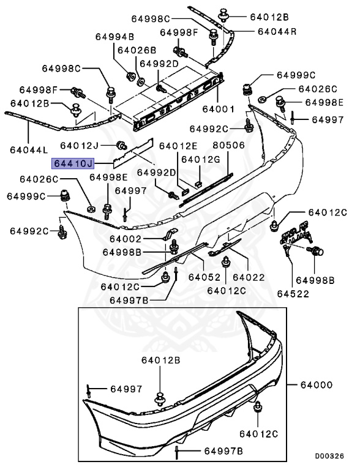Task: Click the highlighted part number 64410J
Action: point(73,163)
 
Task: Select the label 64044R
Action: point(277,31)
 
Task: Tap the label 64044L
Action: point(29,149)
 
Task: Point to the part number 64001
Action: point(219,110)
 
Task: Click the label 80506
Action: point(228,146)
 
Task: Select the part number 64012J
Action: point(80,146)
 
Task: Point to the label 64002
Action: point(127,239)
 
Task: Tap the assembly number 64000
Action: point(316,385)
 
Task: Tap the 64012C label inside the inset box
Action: point(258,434)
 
